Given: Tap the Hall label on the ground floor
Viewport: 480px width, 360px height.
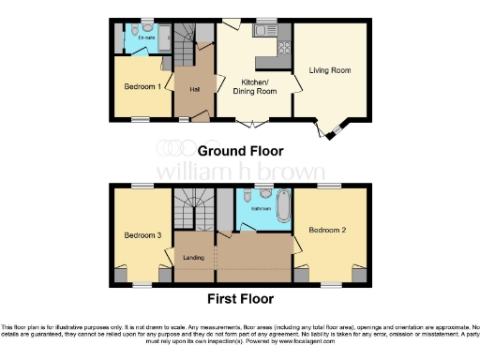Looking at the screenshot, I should click(195, 89).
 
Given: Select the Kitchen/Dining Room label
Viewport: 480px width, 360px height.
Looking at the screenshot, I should click(254, 87).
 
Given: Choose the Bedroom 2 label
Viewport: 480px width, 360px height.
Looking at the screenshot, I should click(328, 230).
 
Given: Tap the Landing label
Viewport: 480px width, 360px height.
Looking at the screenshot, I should click(194, 258).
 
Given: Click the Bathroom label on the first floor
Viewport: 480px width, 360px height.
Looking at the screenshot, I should click(247, 209).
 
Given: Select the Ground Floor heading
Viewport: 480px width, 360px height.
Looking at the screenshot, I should click(240, 150).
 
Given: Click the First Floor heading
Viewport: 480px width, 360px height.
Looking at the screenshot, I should click(240, 299).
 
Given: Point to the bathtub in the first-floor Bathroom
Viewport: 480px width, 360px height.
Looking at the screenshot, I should click(282, 206).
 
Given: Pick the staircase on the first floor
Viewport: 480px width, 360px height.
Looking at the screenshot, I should click(191, 211).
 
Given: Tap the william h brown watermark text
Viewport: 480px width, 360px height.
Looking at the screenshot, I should click(240, 172).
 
